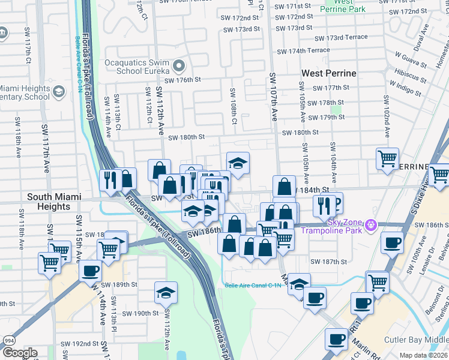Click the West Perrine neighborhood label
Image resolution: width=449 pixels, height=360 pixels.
pos(328,73)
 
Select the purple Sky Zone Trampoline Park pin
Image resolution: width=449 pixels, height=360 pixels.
pos(371,225)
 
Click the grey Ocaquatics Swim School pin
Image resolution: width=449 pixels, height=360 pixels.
pos(179,65)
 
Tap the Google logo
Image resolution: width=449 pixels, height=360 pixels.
pos(19,353)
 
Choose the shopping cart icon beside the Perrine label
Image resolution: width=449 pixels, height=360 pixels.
pos(387,159)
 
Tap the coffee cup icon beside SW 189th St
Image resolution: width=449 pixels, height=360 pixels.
pos(90,271)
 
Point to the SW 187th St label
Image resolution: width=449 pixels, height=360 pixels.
pos(329,262)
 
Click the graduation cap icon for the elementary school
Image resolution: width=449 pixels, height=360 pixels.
pos(59,91)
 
